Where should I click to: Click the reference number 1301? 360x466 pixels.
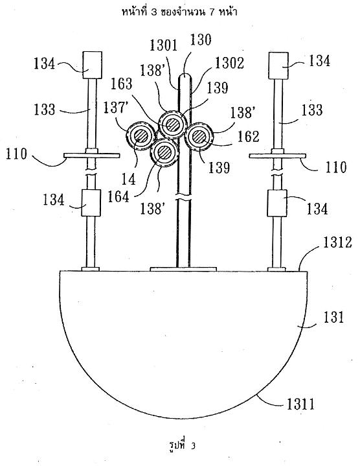pos(163,45)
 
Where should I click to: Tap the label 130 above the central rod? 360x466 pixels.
pos(201,40)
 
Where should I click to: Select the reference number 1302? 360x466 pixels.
pos(229,63)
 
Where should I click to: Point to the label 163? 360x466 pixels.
pos(121,84)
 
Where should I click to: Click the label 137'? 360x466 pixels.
pos(114,108)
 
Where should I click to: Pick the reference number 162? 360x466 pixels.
pos(249,136)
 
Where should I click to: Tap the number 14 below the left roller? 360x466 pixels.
pos(129,180)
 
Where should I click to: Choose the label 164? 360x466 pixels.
pos(118,196)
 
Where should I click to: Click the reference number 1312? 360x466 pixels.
pos(337,242)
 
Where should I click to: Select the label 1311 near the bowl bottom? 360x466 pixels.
pos(300,404)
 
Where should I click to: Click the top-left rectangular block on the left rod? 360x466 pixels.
pos(93,65)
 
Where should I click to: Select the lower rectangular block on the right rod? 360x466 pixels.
pos(277,203)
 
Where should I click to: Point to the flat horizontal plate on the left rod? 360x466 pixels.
pos(92,156)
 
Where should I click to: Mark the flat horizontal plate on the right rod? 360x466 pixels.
pos(277,156)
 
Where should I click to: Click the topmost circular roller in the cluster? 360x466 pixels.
pos(172,124)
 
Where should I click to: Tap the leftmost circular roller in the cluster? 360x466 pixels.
pos(141,136)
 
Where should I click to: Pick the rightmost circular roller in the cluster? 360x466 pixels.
pos(199,136)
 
